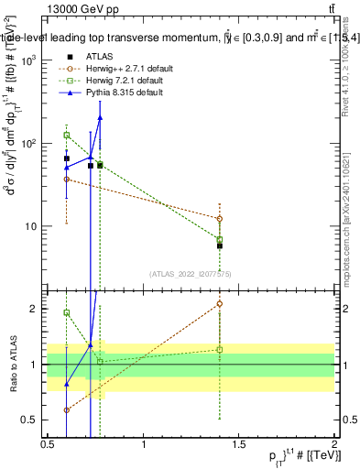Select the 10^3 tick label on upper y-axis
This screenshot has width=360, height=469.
pyautogui.click(x=28, y=60)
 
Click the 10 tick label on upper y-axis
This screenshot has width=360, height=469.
pyautogui.click(x=30, y=226)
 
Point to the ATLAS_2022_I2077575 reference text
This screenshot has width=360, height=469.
pyautogui.click(x=190, y=273)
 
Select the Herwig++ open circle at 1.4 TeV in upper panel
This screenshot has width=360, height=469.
pyautogui.click(x=220, y=219)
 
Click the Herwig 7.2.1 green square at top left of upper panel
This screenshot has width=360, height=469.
pyautogui.click(x=67, y=135)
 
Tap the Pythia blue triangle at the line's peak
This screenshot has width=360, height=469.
pyautogui.click(x=100, y=117)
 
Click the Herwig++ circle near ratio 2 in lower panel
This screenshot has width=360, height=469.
pyautogui.click(x=220, y=303)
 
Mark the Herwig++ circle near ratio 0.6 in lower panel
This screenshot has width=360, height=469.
pyautogui.click(x=67, y=409)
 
